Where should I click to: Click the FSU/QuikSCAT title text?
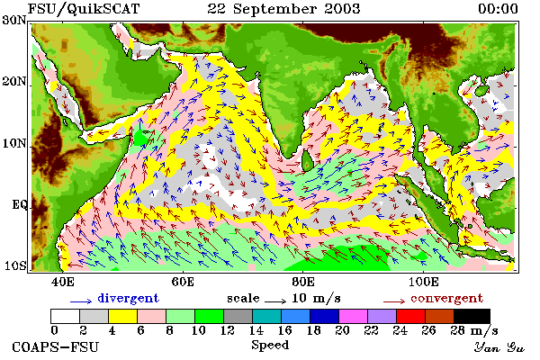84,9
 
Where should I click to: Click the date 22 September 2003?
283,9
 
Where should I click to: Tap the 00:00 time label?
498,9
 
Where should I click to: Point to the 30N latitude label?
13,20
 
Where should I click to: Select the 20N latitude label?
13,82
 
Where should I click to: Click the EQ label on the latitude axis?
19,204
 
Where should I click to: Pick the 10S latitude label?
14,266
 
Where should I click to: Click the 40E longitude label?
62,282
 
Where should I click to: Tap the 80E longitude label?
302,282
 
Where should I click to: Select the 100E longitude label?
423,282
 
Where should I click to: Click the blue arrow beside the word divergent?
81,301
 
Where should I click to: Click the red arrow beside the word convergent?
394,301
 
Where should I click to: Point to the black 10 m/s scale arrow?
275,301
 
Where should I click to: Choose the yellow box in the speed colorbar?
122,316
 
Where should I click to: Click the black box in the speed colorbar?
472,316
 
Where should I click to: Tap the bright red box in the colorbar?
410,316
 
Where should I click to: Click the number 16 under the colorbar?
284,330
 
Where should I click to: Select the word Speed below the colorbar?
270,345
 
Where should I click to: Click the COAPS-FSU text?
55,346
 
